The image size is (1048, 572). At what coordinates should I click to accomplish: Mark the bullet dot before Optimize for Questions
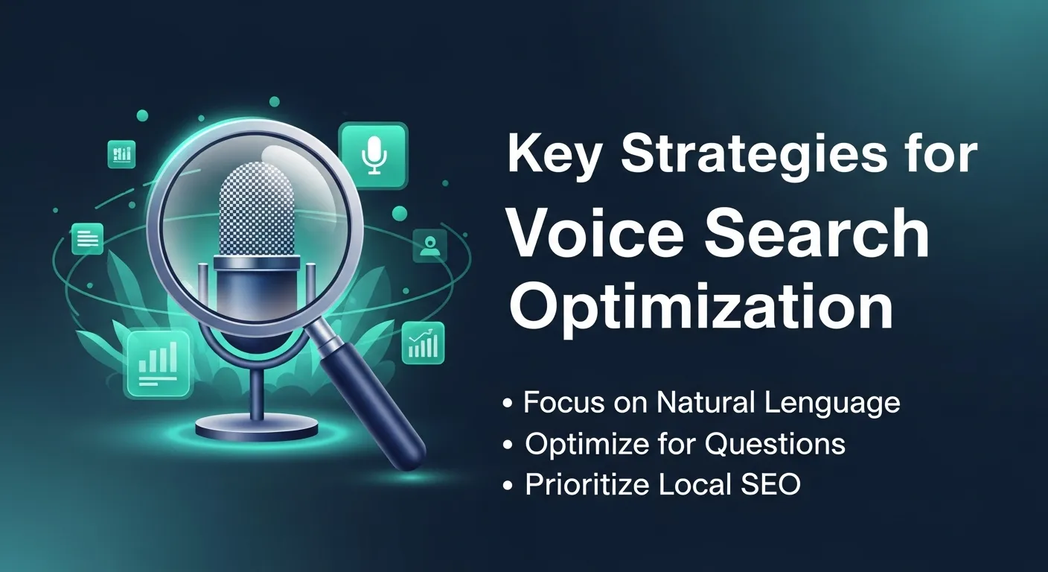click(508, 445)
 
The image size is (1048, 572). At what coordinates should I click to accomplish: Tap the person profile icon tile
click(429, 245)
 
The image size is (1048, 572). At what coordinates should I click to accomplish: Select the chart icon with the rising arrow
click(423, 343)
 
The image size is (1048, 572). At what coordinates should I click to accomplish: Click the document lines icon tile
click(87, 238)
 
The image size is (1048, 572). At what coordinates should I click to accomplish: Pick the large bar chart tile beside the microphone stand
click(158, 363)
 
